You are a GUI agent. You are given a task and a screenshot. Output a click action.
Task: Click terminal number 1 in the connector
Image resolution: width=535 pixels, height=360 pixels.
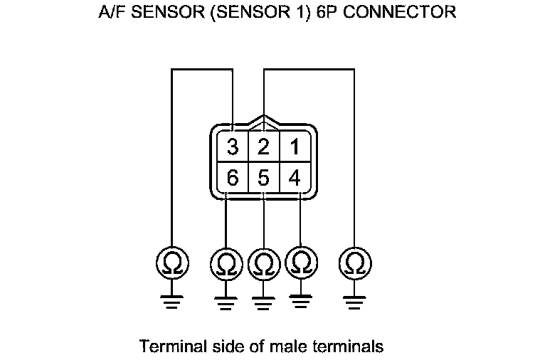click(x=294, y=147)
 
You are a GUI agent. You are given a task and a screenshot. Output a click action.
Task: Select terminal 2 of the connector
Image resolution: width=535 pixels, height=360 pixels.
click(x=263, y=147)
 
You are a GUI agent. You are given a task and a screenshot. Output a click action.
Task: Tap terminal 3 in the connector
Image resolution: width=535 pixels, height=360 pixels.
click(x=233, y=147)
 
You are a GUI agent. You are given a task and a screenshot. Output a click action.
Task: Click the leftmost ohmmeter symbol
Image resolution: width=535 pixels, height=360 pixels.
click(x=172, y=264)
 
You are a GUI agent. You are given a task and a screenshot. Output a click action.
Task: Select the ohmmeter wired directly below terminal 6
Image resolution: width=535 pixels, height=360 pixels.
click(x=226, y=265)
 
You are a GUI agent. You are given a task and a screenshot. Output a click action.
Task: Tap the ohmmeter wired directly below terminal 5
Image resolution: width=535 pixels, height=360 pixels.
click(x=263, y=265)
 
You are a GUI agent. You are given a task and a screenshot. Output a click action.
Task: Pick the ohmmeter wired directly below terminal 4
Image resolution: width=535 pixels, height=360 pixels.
click(x=300, y=264)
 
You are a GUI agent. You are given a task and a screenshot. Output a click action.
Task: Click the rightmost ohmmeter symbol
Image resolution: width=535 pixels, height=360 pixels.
click(x=354, y=264)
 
